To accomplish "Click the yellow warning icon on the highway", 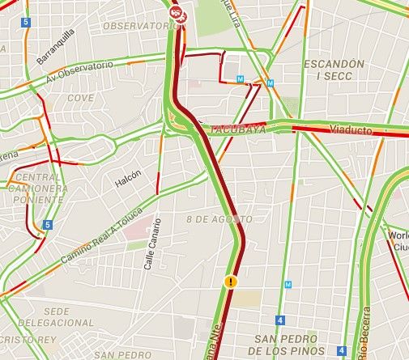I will point(231,282).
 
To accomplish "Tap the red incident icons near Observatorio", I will point(177,12).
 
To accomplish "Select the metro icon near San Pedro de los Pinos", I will point(288,285).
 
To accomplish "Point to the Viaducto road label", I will point(351,129).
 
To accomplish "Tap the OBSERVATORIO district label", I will point(139,26).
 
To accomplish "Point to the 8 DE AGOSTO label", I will point(219,219).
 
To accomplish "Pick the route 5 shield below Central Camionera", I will point(49,225).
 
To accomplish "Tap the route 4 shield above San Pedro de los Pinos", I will point(279,320).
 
